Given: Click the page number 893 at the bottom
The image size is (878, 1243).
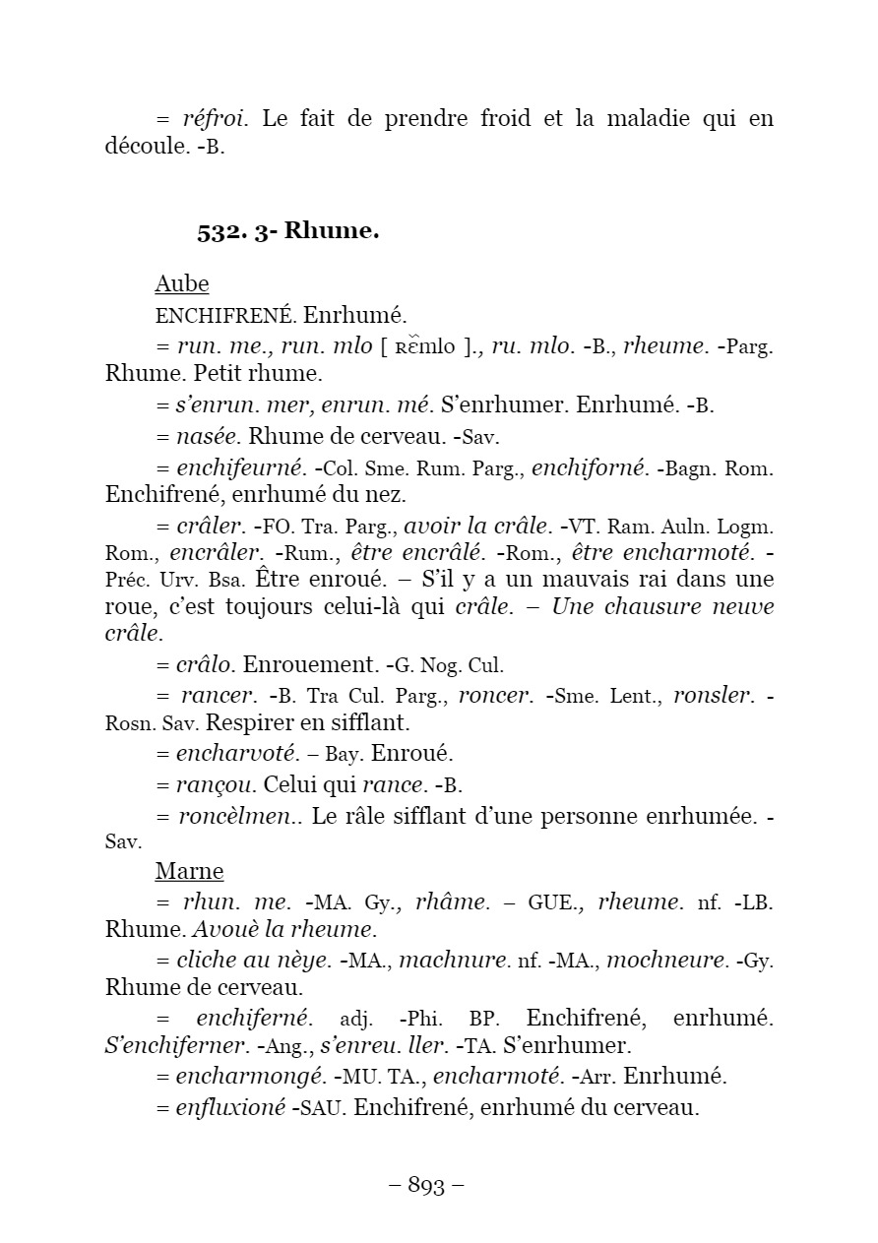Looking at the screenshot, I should [x=426, y=1186].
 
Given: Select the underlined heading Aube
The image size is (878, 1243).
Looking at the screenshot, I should [x=181, y=284].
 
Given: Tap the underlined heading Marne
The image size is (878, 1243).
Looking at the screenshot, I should [x=189, y=872].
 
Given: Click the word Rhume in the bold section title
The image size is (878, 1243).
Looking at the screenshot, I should [x=332, y=232].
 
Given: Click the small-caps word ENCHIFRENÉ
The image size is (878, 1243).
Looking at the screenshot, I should [x=224, y=316].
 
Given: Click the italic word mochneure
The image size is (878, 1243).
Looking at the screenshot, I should [x=666, y=960].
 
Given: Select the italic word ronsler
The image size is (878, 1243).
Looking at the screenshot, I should [x=712, y=696].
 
